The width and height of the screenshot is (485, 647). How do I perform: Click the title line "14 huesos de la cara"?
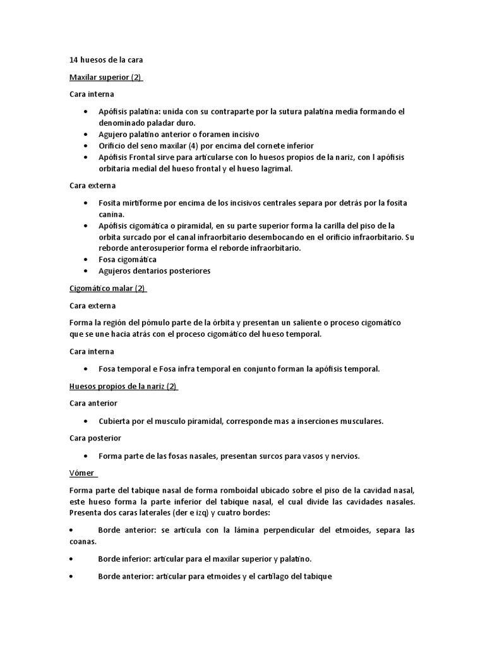[x=106, y=61]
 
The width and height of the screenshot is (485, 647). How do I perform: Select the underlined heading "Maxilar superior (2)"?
[x=106, y=78]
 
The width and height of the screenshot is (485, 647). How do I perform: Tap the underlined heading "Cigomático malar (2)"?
[x=107, y=289]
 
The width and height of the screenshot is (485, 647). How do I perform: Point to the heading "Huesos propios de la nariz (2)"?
[x=123, y=386]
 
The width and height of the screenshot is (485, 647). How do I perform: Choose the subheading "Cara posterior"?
[x=95, y=438]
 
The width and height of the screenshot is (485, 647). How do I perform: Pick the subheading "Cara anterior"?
[x=93, y=403]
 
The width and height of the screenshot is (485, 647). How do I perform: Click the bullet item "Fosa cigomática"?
[x=128, y=260]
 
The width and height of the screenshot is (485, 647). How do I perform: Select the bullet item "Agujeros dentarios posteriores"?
[x=154, y=271]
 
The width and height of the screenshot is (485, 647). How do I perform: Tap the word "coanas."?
[x=83, y=541]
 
